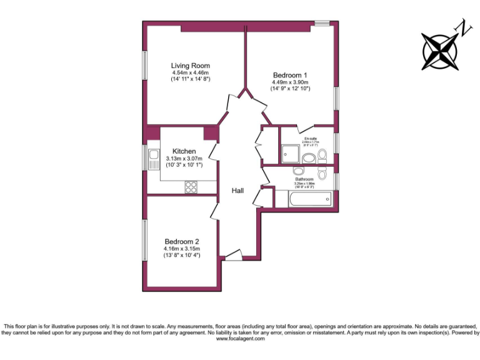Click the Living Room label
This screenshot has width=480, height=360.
[191, 66]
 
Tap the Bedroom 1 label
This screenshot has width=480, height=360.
[290, 75]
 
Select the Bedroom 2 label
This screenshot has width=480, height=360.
[182, 242]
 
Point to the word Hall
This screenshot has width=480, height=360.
[237, 191]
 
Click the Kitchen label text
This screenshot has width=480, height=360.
[184, 151]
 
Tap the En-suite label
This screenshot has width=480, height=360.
[311, 138]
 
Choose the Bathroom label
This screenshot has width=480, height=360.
[304, 179]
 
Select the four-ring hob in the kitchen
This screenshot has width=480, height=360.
[191, 187]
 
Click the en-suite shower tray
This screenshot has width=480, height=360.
[291, 153]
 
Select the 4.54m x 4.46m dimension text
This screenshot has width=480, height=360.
[191, 72]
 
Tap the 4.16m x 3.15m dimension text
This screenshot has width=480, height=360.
[182, 249]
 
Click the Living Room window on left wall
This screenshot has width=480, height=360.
[144, 65]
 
